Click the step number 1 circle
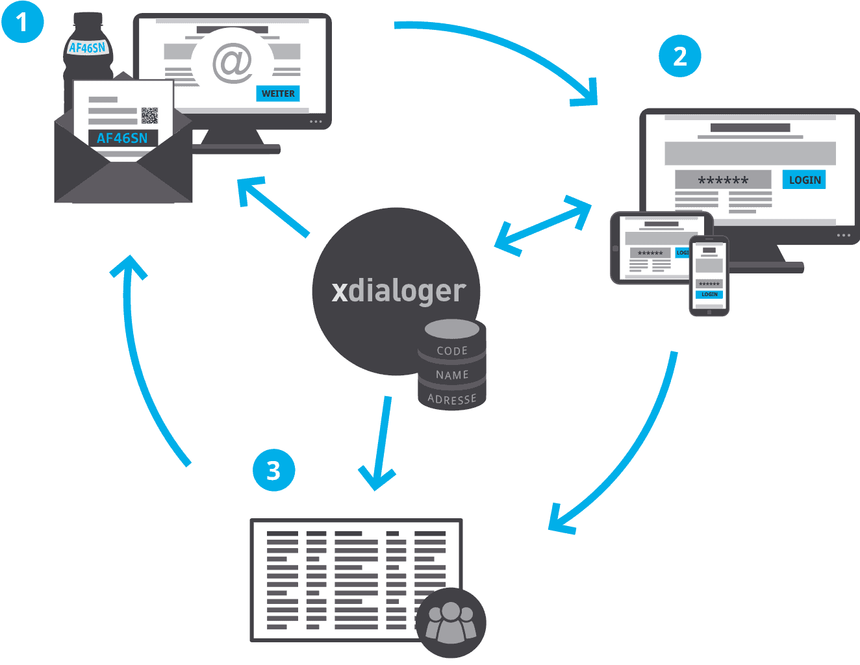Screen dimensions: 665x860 22,22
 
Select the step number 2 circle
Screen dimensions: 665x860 680,56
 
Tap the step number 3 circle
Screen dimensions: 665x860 273,470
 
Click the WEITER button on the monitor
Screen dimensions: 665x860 278,94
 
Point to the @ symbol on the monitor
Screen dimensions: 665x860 232,64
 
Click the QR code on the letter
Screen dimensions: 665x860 149,115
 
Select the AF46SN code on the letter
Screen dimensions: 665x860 122,138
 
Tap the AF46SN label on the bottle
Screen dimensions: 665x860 87,47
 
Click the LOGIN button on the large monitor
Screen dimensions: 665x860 804,180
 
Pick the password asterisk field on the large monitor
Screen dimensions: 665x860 723,180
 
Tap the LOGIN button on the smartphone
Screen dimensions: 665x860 709,294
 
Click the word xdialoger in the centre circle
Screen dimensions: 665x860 398,291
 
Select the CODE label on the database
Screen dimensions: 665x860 452,351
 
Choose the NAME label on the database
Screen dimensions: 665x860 452,375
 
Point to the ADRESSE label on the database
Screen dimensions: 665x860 452,399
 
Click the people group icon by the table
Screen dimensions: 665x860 451,622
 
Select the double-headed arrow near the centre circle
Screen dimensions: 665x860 543,225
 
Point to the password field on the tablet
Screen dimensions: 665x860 650,253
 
